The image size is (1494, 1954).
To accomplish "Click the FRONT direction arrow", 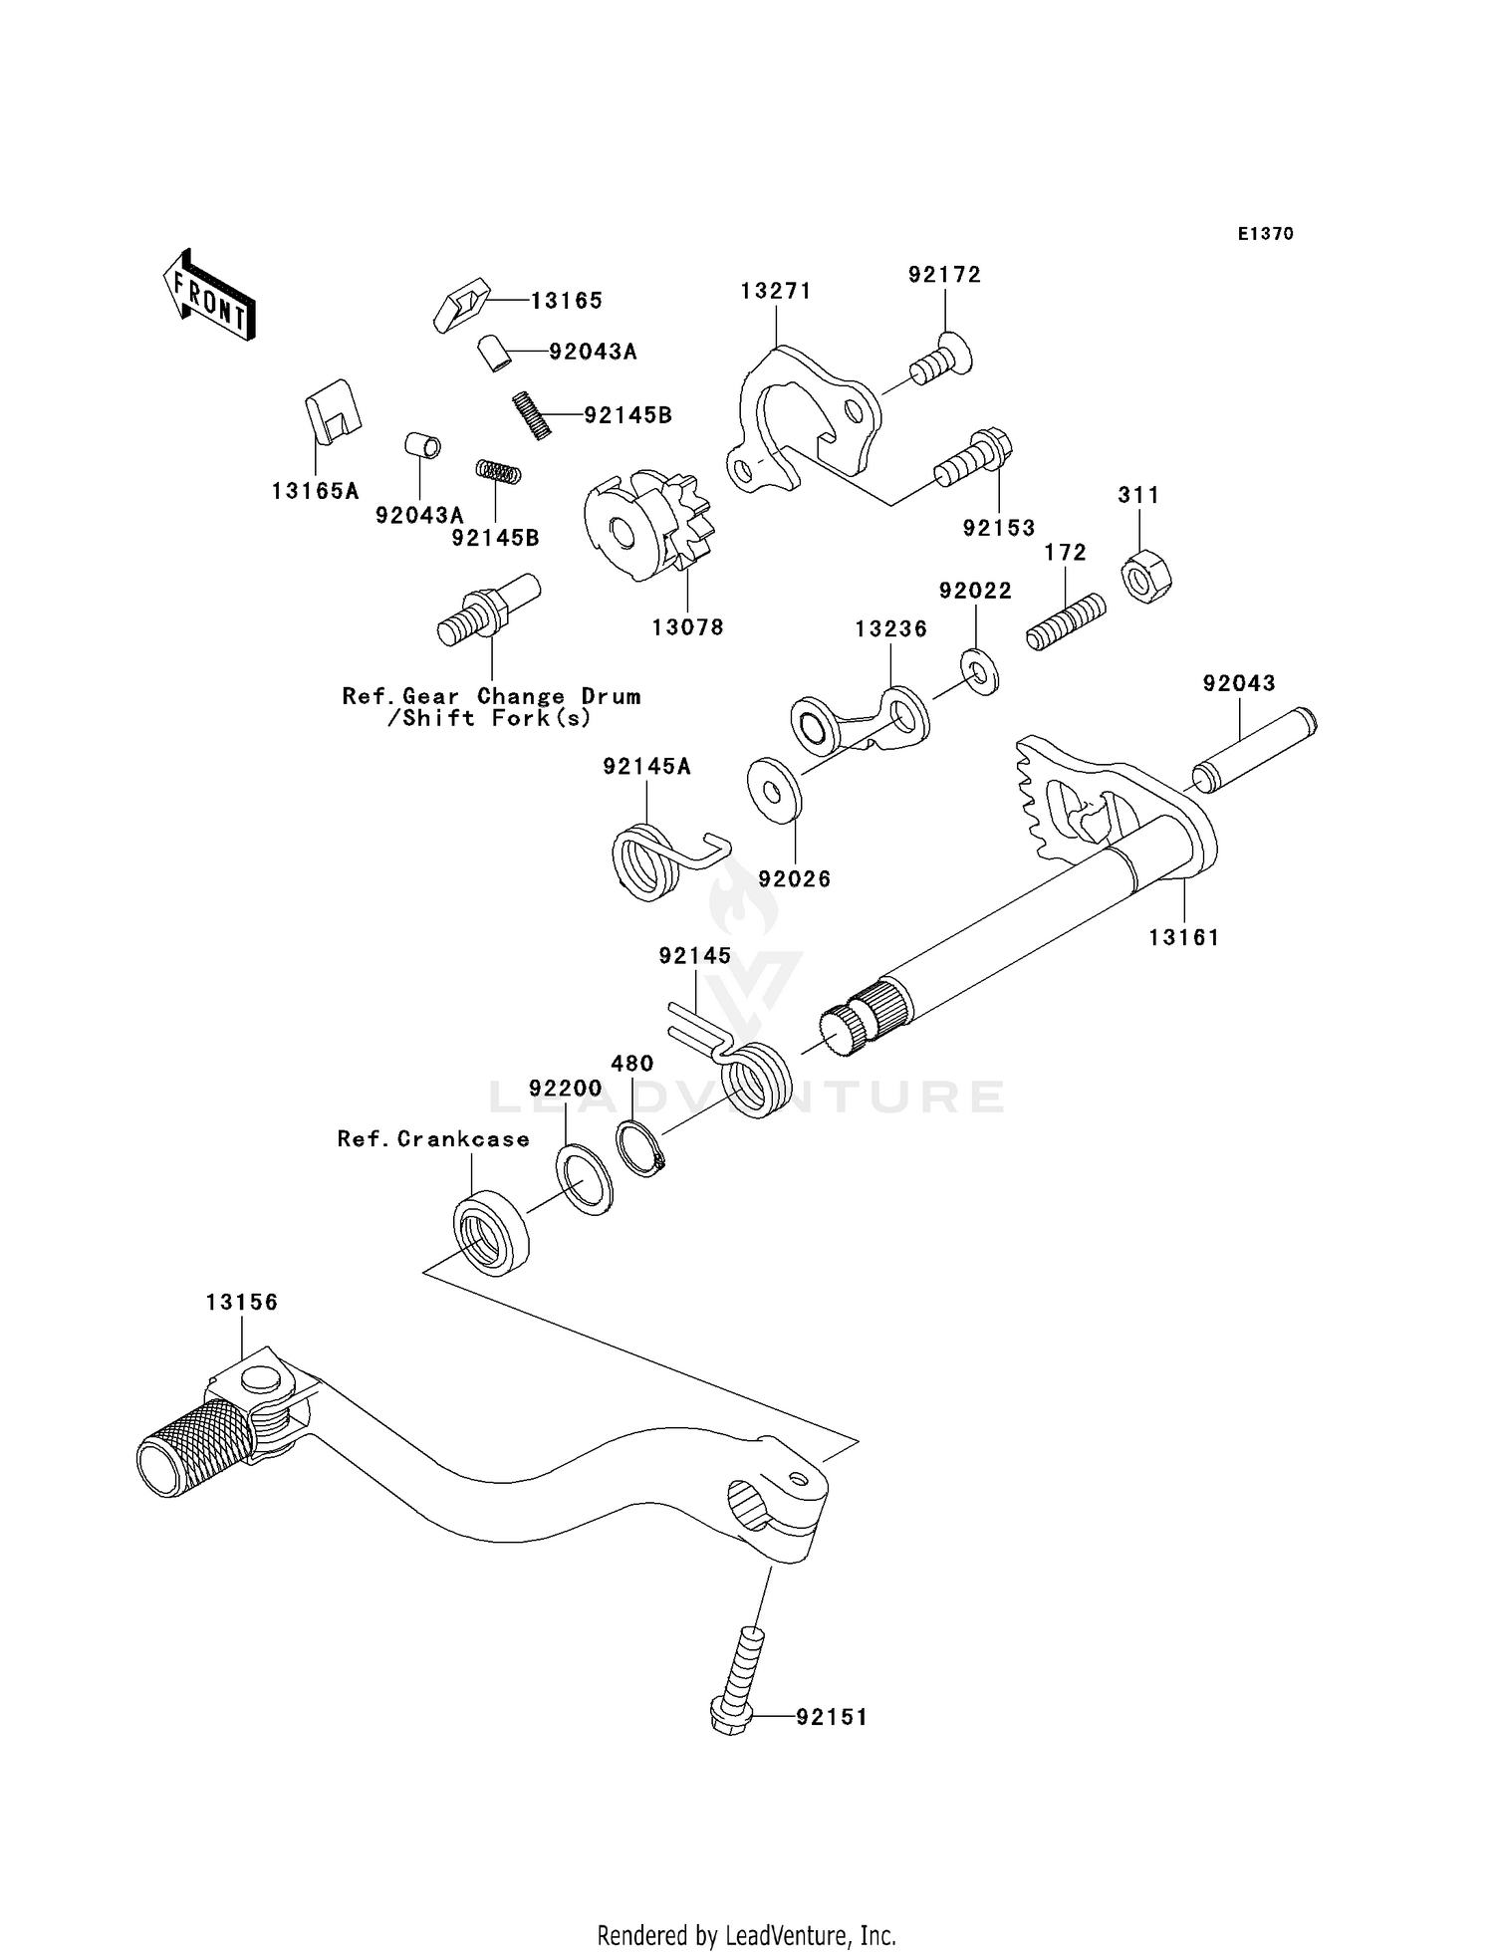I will pos(210,297).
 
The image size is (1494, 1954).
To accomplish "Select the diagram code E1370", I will pos(1265,234).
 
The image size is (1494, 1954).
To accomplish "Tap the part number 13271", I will pos(776,291).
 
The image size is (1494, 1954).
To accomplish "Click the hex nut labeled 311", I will pos(1146,577).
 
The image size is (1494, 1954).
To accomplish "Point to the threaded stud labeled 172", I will pos(1066,621).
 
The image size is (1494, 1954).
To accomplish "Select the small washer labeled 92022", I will pos(980,672).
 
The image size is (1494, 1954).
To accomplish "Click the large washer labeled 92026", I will pos(774,789).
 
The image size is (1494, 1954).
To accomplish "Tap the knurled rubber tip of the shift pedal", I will pos(196,1446).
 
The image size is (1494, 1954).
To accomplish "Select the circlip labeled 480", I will pos(641,1147).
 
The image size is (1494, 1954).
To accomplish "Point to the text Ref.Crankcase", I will pos(433,1138).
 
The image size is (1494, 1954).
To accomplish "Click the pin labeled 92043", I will pos(1255,749).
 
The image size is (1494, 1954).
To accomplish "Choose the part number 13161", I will pos(1183,937).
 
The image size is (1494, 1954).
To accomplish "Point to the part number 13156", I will pos(242,1302).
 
